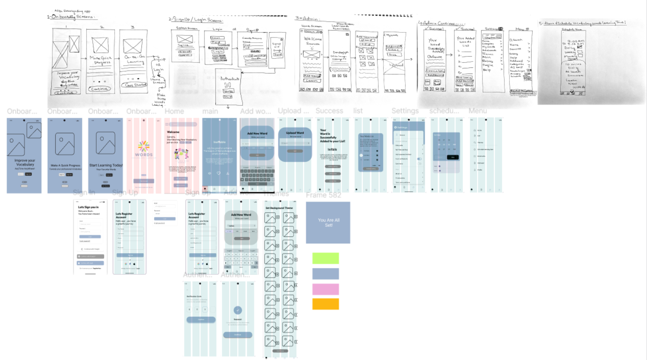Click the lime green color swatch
[x=325, y=258]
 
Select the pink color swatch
[x=325, y=289]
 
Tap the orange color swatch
[x=325, y=304]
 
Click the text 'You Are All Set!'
[x=329, y=223]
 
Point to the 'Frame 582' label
[x=323, y=195]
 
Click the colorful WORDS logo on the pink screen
[x=144, y=149]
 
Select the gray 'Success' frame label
[x=329, y=111]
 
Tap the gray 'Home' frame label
[x=174, y=111]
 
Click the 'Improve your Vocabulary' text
[x=25, y=162]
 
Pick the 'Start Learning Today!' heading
[x=106, y=165]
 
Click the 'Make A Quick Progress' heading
[x=65, y=165]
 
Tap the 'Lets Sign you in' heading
[x=88, y=207]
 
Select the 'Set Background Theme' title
[x=279, y=208]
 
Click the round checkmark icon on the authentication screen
[x=238, y=310]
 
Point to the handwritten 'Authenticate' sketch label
[x=229, y=78]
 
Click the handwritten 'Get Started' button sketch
[x=135, y=85]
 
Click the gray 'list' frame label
[x=358, y=111]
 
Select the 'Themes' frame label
[x=276, y=193]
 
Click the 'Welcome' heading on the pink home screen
[x=173, y=132]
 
